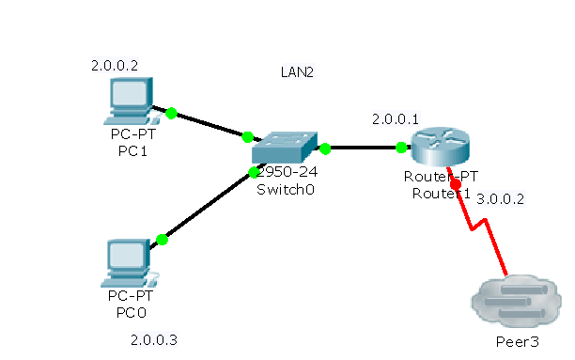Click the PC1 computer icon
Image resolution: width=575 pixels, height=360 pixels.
(129, 101)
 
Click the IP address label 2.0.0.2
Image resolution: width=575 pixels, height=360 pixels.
(115, 66)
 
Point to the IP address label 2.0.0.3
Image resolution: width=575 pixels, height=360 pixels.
(154, 339)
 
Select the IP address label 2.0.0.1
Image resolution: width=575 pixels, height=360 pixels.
(396, 119)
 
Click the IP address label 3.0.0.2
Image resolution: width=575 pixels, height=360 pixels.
(501, 199)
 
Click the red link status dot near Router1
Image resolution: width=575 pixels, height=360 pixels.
(456, 185)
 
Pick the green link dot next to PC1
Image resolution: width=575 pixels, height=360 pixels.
(171, 113)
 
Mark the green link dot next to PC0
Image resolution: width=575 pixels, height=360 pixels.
(162, 240)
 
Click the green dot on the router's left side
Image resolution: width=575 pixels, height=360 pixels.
(401, 148)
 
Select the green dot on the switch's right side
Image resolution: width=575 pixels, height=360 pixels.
(325, 148)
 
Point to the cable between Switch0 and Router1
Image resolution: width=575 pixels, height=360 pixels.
(363, 148)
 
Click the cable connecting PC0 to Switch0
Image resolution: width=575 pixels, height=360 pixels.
(207, 206)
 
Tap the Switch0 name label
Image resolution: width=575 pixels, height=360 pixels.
(284, 189)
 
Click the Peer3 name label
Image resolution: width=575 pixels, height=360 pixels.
(518, 341)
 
